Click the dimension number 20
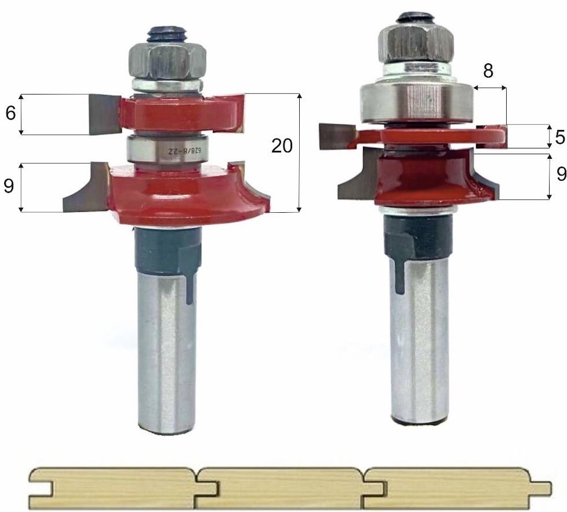coord(282,146)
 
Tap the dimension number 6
coord(10,114)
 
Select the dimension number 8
coord(488,71)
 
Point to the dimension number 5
coord(560,137)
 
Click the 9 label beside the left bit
coord(8,186)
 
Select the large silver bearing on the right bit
coord(415,101)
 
